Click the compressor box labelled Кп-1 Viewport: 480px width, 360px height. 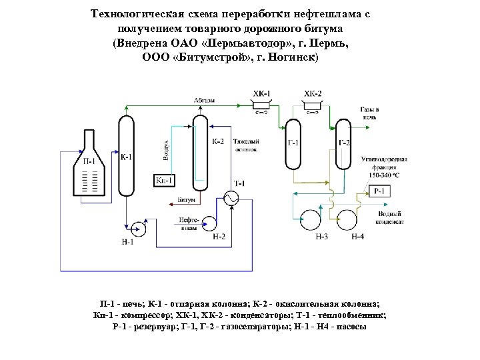click(x=164, y=180)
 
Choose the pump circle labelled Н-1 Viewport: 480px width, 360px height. click(x=139, y=227)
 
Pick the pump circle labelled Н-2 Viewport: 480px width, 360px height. click(x=210, y=221)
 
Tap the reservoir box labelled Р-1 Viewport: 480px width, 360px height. click(x=379, y=191)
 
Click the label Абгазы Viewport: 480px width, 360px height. click(x=204, y=100)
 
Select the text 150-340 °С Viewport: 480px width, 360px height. click(x=385, y=175)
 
